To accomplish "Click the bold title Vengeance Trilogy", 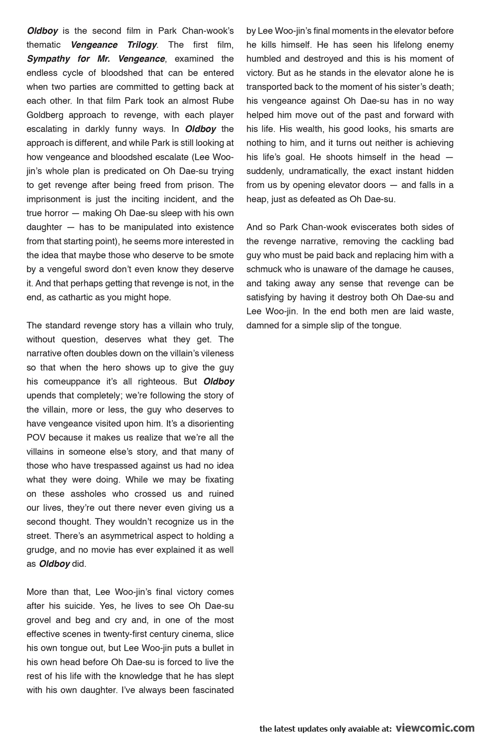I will coord(114,45).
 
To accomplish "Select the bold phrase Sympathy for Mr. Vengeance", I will coord(96,59).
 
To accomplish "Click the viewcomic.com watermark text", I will coord(434,727).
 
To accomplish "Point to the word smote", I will coord(221,255).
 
